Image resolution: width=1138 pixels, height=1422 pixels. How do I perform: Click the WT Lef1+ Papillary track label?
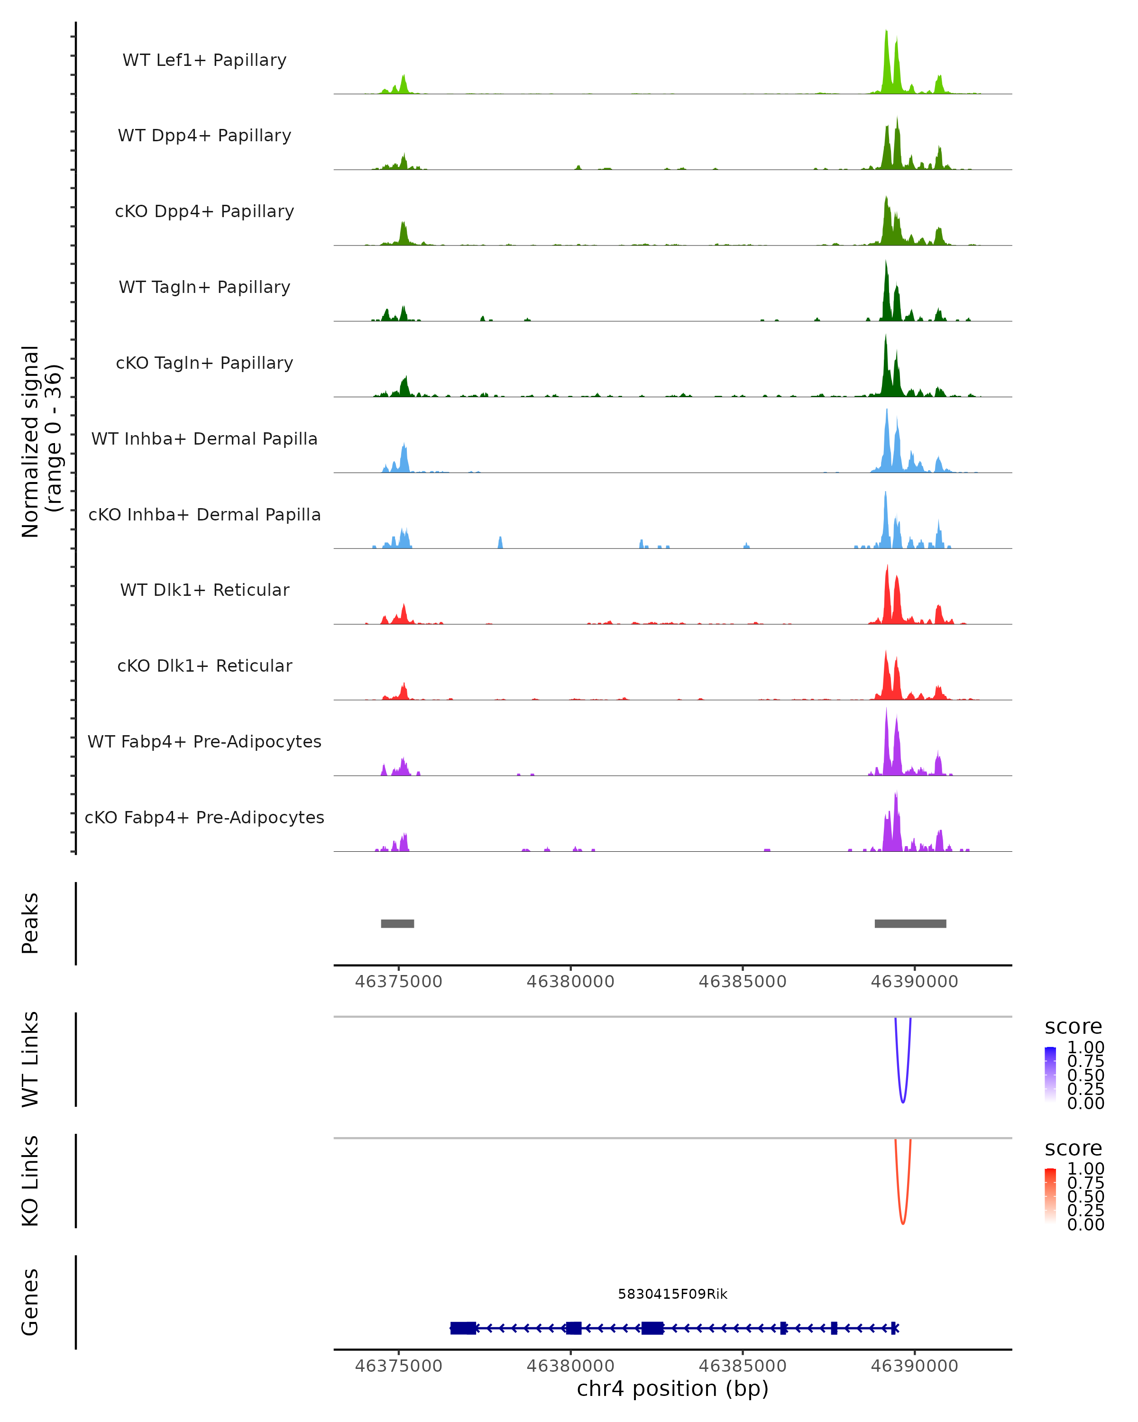tap(204, 60)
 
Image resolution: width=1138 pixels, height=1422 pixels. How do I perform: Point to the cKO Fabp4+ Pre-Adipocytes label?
tap(204, 817)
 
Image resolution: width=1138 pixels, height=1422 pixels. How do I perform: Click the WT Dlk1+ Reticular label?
tap(204, 590)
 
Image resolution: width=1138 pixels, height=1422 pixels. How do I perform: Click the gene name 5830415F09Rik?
tap(672, 1294)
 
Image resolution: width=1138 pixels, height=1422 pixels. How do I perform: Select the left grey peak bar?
tap(397, 923)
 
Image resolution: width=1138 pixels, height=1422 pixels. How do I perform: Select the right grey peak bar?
tap(910, 923)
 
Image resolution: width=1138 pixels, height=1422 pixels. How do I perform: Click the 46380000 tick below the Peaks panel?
tap(570, 982)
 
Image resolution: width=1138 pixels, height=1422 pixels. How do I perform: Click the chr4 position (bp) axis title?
tap(672, 1389)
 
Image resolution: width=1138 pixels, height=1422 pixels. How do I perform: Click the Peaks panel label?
tap(30, 923)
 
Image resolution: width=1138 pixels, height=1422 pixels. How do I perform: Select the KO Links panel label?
tap(30, 1181)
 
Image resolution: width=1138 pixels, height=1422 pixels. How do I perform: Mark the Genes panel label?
tap(30, 1302)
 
